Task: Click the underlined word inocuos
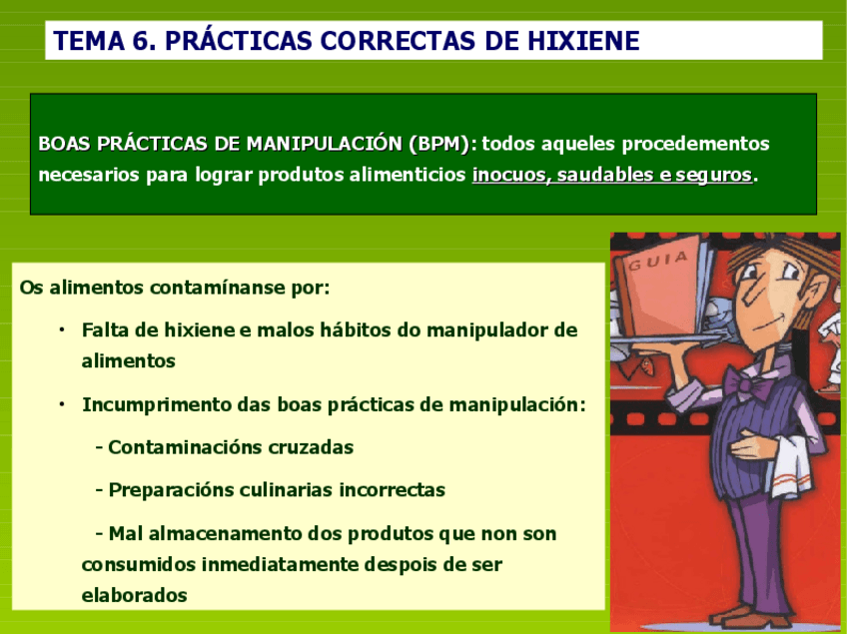click(509, 175)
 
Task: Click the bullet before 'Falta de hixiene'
click(61, 329)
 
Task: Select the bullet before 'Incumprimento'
click(61, 404)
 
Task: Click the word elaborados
click(134, 595)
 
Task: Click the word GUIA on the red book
click(656, 263)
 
